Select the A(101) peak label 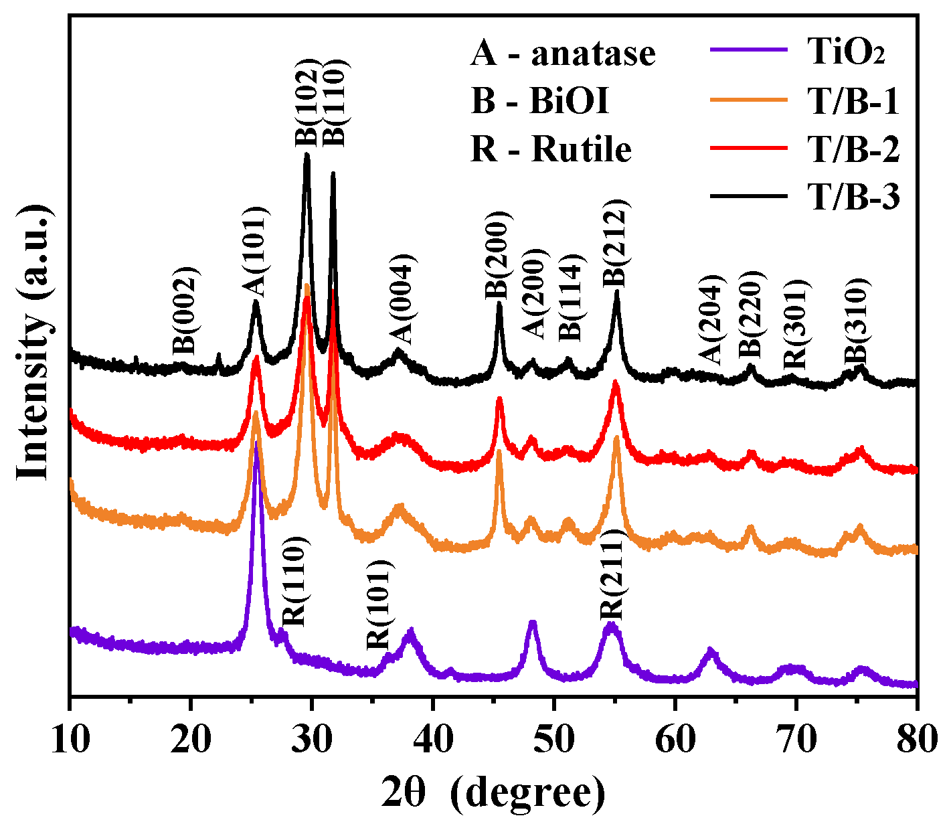tap(254, 252)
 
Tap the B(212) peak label tap(616, 243)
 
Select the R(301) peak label tap(796, 322)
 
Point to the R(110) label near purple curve tap(294, 581)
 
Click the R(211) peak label tap(612, 575)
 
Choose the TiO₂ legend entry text tap(847, 54)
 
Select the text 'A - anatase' tap(563, 54)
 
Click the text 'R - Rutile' tap(551, 149)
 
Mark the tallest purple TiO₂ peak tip tap(256, 442)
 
